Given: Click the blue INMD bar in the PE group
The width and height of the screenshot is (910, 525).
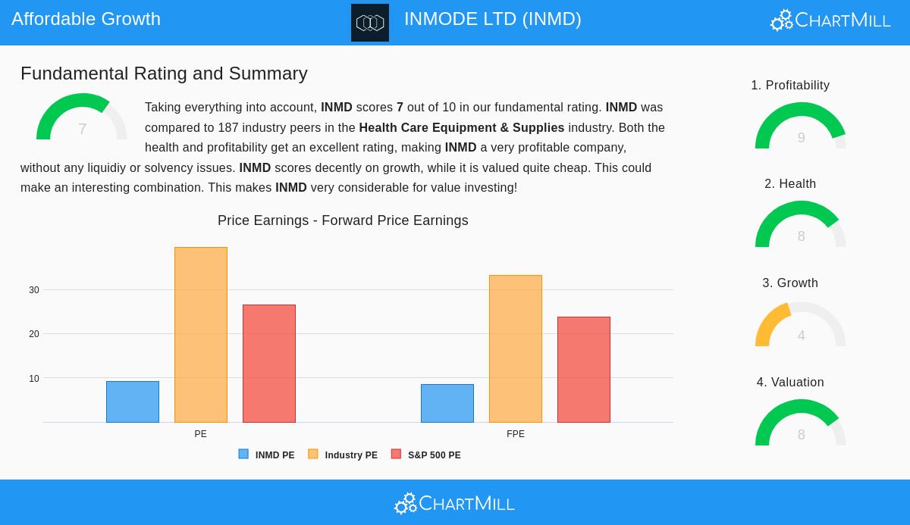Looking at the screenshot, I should pos(133,402).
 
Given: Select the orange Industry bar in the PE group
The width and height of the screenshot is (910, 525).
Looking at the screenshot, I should pos(201,335).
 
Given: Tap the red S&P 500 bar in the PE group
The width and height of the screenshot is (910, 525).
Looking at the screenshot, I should pos(269,364).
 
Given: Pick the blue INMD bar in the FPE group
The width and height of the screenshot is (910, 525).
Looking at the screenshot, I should pos(447,403).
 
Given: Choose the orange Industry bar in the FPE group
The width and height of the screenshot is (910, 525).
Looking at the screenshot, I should pos(516,348).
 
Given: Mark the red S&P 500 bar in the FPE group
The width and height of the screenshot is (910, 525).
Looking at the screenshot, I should pos(584,370).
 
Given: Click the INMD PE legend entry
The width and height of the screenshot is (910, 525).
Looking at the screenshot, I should pos(267,455).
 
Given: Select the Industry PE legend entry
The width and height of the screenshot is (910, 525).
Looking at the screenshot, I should pos(343,455).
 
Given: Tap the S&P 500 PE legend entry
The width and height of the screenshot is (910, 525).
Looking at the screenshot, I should pos(426,455).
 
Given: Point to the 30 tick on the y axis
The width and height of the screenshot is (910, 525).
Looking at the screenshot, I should pos(34,290).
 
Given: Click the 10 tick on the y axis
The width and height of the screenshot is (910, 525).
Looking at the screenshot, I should pos(34,379).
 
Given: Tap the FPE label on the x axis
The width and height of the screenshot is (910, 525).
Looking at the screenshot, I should pos(516,434).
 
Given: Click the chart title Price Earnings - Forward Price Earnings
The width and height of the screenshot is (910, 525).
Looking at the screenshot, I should pos(343,220).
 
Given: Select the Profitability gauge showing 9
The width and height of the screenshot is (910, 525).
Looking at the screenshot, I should pos(801,127).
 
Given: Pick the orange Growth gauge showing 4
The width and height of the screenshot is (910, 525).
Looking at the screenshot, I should pos(801,326).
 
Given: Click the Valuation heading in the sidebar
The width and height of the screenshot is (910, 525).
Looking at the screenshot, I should pos(790,383).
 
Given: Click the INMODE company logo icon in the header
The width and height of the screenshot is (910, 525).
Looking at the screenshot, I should pos(370,23).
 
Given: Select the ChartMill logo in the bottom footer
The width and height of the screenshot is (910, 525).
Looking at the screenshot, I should pos(454,503).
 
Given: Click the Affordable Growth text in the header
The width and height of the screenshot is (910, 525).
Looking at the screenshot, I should pos(86,19).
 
